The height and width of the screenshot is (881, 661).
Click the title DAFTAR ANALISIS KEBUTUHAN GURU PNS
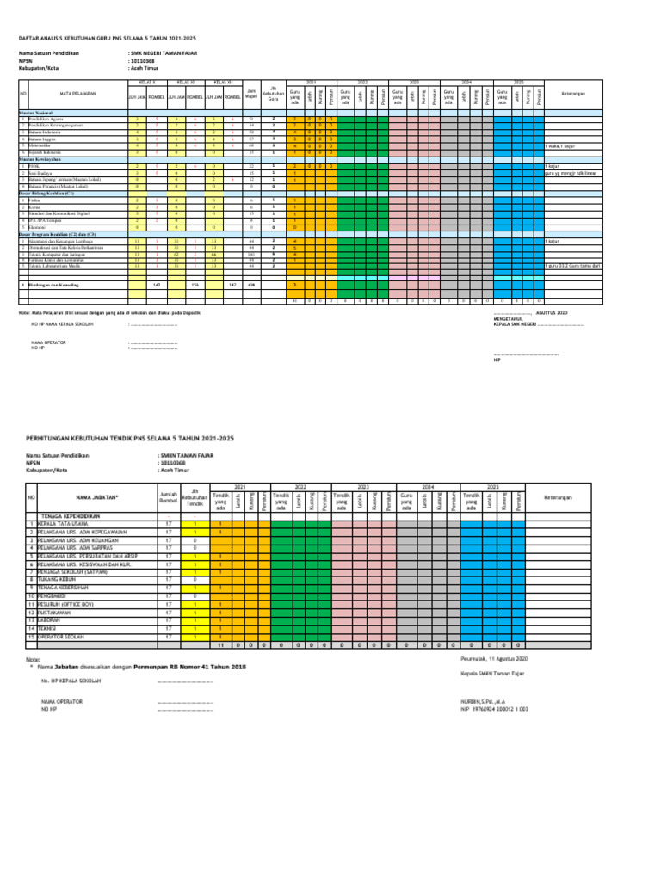point(108,39)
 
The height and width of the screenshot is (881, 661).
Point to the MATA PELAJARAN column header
point(77,92)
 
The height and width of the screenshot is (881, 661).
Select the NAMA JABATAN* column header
point(96,497)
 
